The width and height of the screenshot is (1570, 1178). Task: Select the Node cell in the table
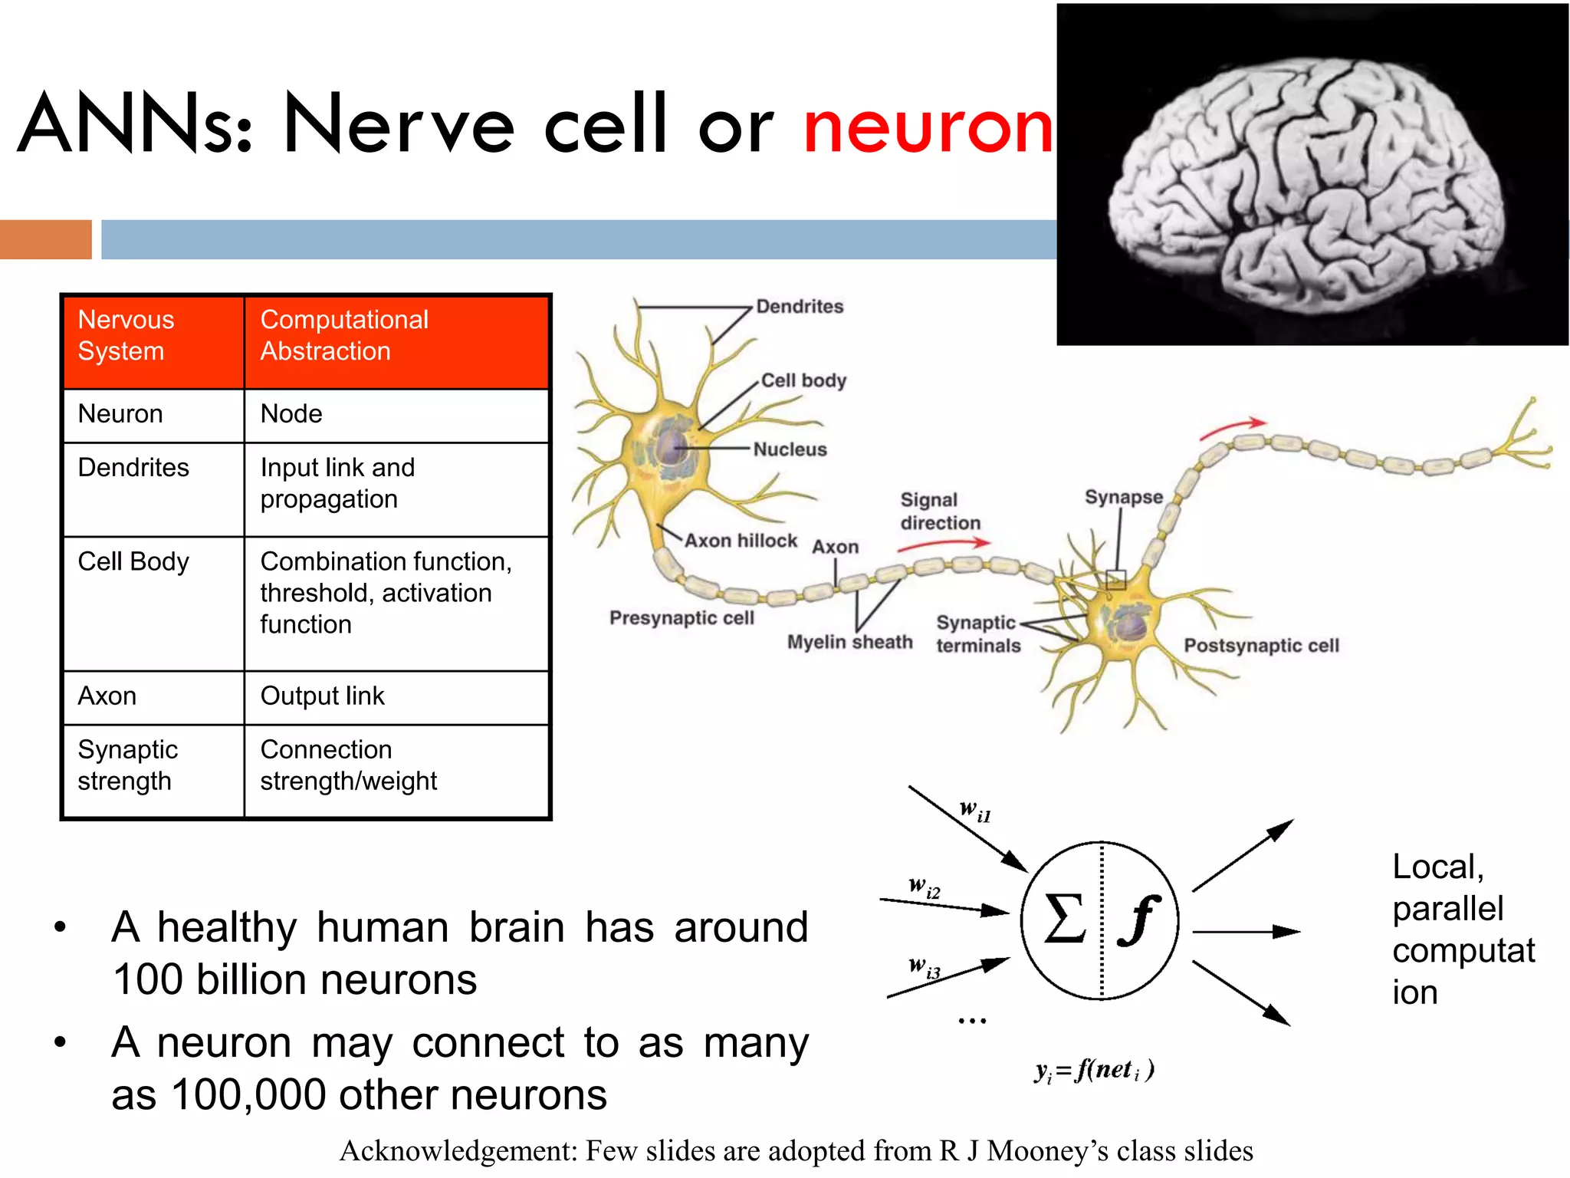[x=291, y=414]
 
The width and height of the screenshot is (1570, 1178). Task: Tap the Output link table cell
[x=322, y=696]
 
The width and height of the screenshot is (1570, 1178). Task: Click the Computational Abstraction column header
[x=344, y=335]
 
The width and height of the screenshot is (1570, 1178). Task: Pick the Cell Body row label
[x=133, y=562]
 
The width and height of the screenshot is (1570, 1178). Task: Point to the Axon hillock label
[x=741, y=541]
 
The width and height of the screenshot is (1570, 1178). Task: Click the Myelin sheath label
[x=849, y=642]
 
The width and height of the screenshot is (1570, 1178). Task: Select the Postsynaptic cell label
[x=1261, y=646]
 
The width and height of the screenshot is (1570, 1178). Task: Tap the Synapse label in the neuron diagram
[x=1123, y=497]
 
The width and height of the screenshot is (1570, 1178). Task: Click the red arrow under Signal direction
[x=944, y=544]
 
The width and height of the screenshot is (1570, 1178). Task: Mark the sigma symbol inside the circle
[x=1065, y=919]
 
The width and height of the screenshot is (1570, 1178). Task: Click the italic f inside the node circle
[x=1138, y=920]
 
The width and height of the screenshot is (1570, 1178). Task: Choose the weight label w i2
[x=924, y=887]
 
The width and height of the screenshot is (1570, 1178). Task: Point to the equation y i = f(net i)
[x=1094, y=1070]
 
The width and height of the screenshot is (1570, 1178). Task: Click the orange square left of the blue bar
[x=45, y=239]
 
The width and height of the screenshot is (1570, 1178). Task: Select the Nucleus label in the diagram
[x=790, y=449]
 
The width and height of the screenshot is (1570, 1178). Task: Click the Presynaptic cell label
[x=682, y=618]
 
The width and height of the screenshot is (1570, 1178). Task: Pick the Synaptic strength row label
[x=127, y=765]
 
